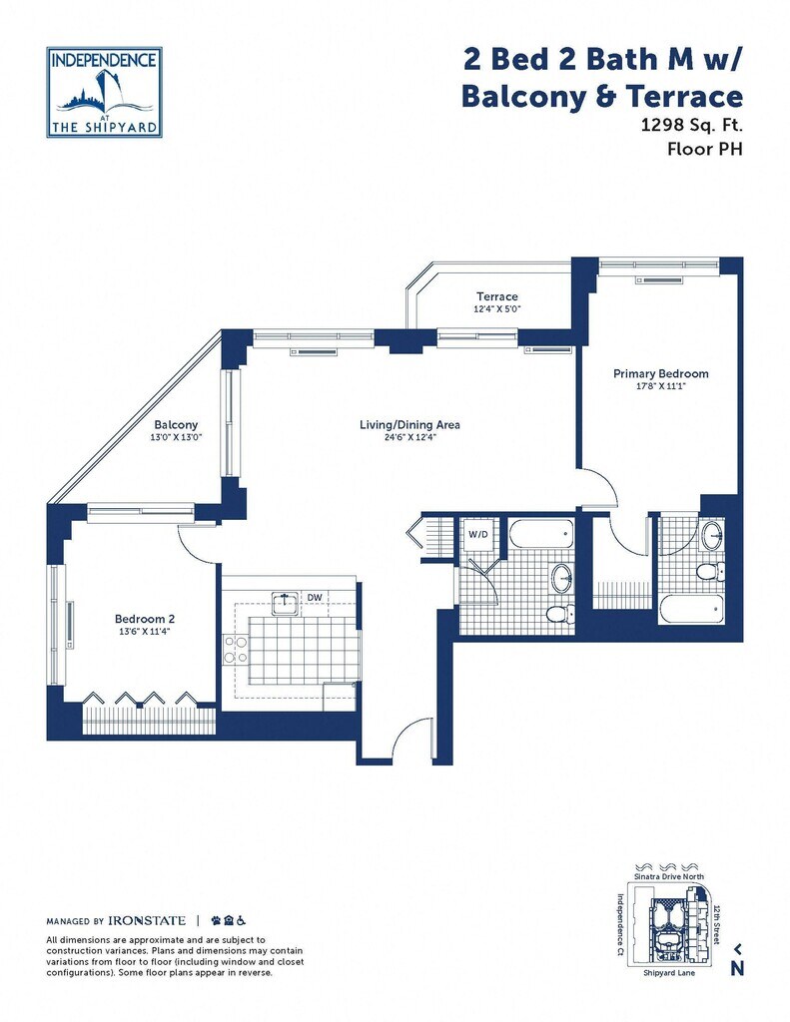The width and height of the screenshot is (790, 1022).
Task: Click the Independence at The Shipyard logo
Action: pos(105,92)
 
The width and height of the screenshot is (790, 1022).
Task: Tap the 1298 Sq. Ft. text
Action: pos(691,125)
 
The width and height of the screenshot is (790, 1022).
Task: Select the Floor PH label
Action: pos(705,150)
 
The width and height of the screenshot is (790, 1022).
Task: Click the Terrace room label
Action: pos(497,296)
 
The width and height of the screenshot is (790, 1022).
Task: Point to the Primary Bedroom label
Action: pos(661,373)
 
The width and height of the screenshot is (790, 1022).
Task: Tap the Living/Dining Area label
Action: pos(409,425)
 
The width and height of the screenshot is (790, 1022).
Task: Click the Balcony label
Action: pos(176,425)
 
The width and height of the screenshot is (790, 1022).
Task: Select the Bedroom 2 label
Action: pos(145,619)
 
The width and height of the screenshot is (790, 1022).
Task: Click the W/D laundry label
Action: pos(478,535)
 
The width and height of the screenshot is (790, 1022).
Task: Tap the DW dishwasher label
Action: pos(315,597)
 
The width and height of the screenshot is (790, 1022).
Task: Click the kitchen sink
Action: pos(285,603)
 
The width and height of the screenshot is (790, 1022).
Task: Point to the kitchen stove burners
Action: pos(234,650)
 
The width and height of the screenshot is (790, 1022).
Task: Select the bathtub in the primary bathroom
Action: pos(691,610)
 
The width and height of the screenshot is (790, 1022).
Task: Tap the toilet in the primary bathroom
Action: pos(710,572)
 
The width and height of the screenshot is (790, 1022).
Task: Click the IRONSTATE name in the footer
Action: pos(147,921)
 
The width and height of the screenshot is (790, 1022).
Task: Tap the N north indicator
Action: pos(737,968)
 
